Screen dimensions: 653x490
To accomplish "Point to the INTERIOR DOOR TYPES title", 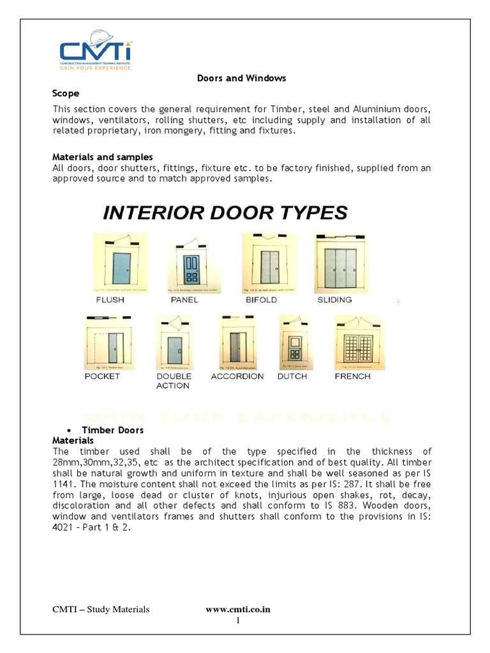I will (x=225, y=212).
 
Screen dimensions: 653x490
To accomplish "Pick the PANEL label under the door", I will (x=184, y=300).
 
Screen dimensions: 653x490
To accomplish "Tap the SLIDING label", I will (x=334, y=300).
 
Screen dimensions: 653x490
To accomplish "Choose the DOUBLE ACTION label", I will (x=174, y=381).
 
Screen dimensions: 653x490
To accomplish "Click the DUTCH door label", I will (x=292, y=376).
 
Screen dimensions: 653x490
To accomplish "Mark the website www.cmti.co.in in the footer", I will (x=238, y=610).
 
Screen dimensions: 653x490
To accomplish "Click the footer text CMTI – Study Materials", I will (x=101, y=610).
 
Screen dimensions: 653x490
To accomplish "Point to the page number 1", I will (x=238, y=620).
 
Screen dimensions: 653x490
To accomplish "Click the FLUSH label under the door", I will (x=110, y=300).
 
